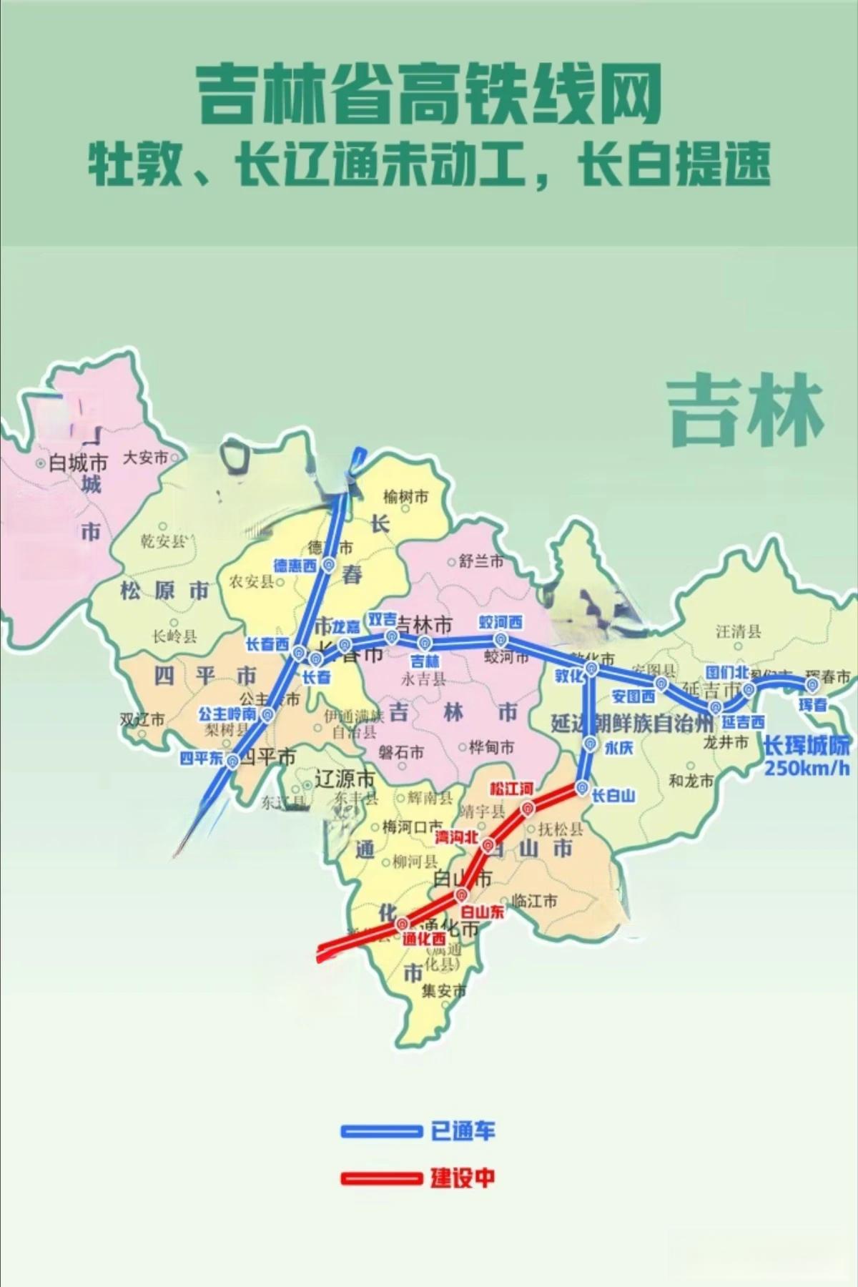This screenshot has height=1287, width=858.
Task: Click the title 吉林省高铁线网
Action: [x=428, y=94]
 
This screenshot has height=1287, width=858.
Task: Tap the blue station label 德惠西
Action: [x=295, y=566]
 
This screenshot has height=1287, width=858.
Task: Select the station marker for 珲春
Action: [x=812, y=684]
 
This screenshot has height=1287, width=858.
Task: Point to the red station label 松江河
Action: [x=511, y=789]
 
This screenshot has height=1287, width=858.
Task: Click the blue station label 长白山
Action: [x=613, y=795]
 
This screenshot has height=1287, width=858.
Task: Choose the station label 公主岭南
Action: [x=227, y=714]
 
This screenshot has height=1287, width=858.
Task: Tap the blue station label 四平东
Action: [x=201, y=758]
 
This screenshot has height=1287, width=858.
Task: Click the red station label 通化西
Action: [x=423, y=939]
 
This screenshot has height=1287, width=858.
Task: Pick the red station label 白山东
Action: [x=482, y=912]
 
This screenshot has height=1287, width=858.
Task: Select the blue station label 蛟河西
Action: [x=500, y=623]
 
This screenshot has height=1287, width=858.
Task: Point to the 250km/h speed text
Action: [x=807, y=769]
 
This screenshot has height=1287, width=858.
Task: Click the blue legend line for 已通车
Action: [x=381, y=1131]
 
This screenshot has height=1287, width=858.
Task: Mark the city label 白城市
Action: [x=78, y=463]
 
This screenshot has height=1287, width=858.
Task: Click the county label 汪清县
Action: [x=739, y=631]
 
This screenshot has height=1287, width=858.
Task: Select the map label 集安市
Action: [x=443, y=991]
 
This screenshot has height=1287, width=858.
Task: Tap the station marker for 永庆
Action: [x=590, y=744]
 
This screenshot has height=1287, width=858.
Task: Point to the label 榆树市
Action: [x=405, y=496]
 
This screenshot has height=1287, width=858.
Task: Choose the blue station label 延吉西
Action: [x=743, y=722]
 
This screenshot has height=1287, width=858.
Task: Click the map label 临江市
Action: [x=535, y=901]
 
